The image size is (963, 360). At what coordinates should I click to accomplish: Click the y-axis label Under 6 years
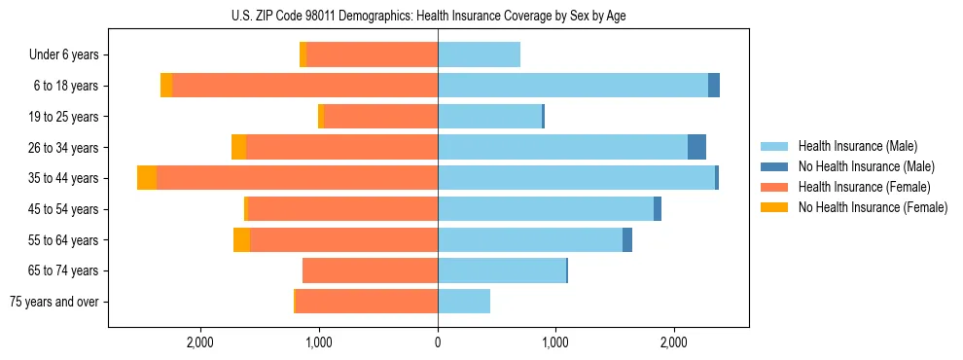tap(63, 55)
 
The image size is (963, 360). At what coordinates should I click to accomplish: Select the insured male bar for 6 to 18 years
tap(573, 86)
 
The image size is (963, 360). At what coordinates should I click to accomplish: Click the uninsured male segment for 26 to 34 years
tap(696, 147)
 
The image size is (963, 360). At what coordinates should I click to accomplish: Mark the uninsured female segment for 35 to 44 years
tap(147, 178)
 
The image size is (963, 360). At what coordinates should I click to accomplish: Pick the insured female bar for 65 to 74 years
tap(371, 270)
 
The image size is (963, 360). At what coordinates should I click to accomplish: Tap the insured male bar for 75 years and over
tap(464, 302)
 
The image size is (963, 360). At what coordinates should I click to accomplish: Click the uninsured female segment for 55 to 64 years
tap(241, 239)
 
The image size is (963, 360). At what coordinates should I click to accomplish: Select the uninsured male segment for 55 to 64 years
tap(627, 239)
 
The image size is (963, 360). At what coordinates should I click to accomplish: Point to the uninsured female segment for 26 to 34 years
tap(238, 147)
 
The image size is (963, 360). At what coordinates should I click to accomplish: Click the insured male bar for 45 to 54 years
tap(546, 209)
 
